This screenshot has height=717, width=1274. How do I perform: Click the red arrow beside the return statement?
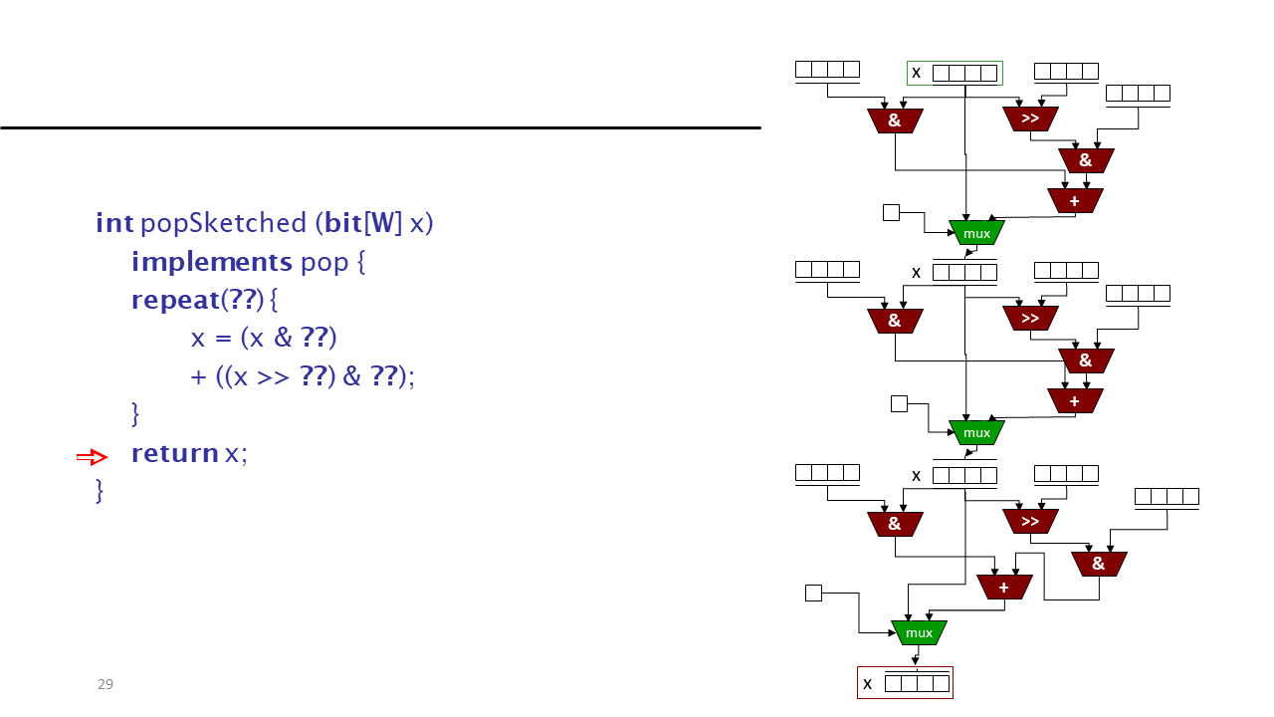[x=93, y=457]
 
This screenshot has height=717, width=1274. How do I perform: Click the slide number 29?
[x=106, y=684]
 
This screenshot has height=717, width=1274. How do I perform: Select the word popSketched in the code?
[x=224, y=223]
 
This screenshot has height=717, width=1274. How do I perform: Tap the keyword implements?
[x=212, y=262]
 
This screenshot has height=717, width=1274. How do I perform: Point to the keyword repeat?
[x=176, y=300]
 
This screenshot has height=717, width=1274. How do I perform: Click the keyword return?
[x=175, y=453]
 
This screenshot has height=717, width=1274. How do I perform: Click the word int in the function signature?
[x=114, y=222]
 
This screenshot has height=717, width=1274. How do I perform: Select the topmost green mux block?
[x=976, y=233]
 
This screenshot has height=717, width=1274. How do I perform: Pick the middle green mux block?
[x=976, y=433]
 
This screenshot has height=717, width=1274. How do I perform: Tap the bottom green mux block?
[x=919, y=632]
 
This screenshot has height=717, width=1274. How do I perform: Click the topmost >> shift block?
[x=1030, y=119]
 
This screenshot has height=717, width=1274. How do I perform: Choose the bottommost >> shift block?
[x=1030, y=521]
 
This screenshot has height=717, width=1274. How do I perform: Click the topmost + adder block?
[x=1075, y=201]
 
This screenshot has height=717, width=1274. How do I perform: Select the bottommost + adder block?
[x=1004, y=588]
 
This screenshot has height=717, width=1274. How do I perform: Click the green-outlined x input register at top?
[x=955, y=73]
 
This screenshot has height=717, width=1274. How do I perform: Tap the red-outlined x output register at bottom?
[x=906, y=683]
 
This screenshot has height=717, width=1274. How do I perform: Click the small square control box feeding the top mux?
[x=891, y=213]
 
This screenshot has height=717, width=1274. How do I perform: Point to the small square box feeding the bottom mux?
[x=814, y=593]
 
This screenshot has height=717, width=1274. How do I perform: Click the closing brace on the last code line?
[x=100, y=491]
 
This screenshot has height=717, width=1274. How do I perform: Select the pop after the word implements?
[x=324, y=264]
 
